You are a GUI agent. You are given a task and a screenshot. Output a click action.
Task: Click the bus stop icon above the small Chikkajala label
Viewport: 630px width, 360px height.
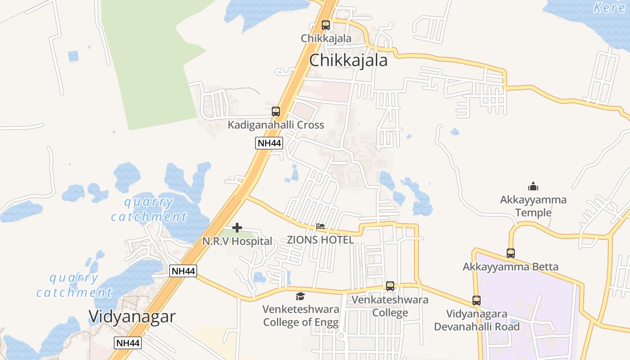point(325,25)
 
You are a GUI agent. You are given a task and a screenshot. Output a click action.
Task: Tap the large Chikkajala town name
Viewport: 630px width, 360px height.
point(348,60)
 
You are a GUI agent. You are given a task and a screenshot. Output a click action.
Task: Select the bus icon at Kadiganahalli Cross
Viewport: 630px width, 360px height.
point(276,111)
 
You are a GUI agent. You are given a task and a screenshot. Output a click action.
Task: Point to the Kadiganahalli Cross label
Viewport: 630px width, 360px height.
point(275,125)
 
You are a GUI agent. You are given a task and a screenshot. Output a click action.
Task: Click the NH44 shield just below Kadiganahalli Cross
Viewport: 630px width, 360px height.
point(269,144)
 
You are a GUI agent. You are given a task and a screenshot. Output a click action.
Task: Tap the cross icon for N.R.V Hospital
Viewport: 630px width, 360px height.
point(237,228)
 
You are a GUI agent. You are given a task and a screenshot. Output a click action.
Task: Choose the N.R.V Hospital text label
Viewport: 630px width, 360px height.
point(237,241)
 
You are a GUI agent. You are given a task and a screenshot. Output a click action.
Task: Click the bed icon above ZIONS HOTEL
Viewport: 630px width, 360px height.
point(320,226)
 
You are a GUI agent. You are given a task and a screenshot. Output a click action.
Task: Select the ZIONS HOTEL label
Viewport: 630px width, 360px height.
point(320,240)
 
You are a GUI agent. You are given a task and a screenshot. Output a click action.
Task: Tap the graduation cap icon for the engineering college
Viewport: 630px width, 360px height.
point(300,296)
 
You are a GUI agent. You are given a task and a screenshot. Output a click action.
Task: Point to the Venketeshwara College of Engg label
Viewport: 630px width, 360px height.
point(301,316)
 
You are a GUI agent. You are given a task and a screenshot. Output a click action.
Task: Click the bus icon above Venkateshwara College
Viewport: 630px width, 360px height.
point(390,286)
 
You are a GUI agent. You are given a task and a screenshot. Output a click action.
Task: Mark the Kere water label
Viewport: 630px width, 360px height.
point(609,7)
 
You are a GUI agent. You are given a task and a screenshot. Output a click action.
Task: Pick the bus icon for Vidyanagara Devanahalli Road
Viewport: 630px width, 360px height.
point(477,300)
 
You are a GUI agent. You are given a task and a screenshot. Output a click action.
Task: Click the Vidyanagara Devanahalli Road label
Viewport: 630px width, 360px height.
point(477,320)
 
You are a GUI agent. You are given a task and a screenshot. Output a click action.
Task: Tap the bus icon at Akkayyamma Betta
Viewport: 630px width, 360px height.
point(511,253)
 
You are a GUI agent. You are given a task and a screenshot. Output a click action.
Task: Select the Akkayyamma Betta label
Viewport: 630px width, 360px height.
point(510,267)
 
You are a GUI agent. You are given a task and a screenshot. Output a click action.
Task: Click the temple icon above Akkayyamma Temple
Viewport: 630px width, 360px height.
point(533,186)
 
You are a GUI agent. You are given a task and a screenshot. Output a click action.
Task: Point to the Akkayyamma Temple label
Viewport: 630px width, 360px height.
point(533,206)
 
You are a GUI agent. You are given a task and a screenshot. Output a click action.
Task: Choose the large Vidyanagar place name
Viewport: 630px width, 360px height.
point(132,316)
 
